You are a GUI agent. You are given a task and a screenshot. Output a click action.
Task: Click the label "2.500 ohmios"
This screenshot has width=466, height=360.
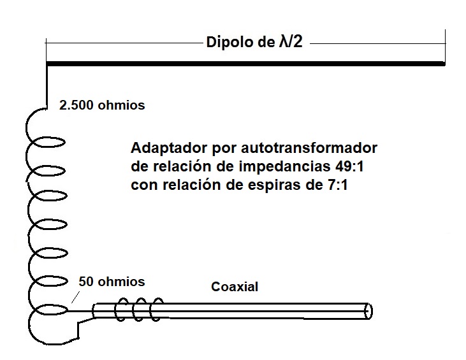pos(102,105)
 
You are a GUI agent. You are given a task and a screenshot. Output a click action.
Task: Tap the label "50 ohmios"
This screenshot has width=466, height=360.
pos(112,282)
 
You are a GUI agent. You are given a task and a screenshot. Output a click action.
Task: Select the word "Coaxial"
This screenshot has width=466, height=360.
pos(235,287)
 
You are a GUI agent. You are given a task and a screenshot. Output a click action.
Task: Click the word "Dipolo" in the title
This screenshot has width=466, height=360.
pos(229,42)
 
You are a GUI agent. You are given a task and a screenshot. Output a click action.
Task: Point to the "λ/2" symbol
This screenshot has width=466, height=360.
pos(291,41)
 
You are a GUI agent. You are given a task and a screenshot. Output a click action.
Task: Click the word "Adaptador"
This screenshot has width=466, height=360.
pos(169,148)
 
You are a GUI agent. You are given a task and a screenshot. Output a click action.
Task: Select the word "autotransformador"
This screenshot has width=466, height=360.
pos(309,148)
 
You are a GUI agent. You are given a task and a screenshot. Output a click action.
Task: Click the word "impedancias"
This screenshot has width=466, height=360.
pos(285,167)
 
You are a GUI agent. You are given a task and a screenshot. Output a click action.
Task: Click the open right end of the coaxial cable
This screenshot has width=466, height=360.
pos(368,312)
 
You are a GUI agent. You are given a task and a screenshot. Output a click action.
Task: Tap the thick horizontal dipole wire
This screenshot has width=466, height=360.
pos(245,64)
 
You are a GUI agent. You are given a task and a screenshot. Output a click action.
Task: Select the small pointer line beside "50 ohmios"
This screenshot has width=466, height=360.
pos(75,297)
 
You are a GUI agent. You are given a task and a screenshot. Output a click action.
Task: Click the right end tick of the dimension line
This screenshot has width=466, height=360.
pos(445,45)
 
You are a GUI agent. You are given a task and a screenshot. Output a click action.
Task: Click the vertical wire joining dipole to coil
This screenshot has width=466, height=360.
pos(47,86)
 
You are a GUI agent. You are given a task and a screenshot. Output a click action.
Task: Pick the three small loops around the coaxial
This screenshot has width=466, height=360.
pos(139,310)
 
